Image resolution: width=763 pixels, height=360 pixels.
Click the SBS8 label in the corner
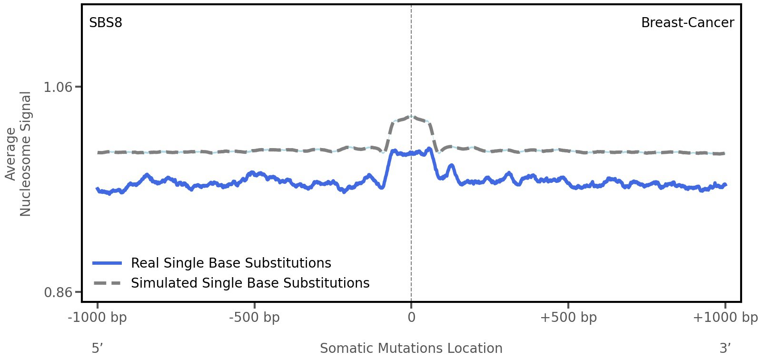tap(106, 22)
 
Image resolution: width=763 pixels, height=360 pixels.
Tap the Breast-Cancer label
tap(687, 22)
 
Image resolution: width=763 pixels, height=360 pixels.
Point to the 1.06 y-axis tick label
tap(58, 87)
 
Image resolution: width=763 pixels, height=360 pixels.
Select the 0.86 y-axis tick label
tap(58, 292)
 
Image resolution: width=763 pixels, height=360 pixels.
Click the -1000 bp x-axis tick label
tap(98, 317)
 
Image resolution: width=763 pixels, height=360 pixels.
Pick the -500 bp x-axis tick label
tap(254, 317)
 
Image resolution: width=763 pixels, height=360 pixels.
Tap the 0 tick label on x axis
tap(411, 317)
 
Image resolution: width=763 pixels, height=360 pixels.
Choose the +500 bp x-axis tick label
tap(568, 317)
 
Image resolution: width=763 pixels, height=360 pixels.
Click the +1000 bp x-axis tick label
tap(725, 317)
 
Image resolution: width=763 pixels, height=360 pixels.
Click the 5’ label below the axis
tap(97, 348)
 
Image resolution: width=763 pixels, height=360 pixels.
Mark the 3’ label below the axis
tap(725, 348)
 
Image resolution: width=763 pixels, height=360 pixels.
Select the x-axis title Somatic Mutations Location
tap(411, 348)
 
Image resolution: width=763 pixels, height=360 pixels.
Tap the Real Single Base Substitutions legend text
tap(231, 263)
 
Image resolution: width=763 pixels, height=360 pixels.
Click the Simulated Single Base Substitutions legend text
tap(250, 283)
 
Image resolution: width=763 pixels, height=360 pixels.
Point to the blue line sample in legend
tap(108, 263)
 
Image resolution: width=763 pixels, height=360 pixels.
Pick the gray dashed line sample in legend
tap(108, 283)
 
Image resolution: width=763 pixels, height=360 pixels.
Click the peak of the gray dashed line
tap(411, 116)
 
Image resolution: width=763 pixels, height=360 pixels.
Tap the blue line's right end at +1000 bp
tap(725, 185)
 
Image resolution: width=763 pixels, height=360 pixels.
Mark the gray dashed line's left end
tap(98, 152)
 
